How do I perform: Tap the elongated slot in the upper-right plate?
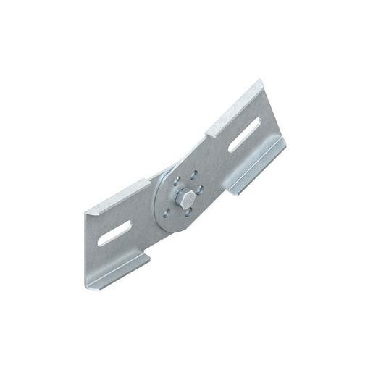tap(244, 135)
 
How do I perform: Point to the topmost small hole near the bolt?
tap(193, 175)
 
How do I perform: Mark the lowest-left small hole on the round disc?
tap(168, 212)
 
